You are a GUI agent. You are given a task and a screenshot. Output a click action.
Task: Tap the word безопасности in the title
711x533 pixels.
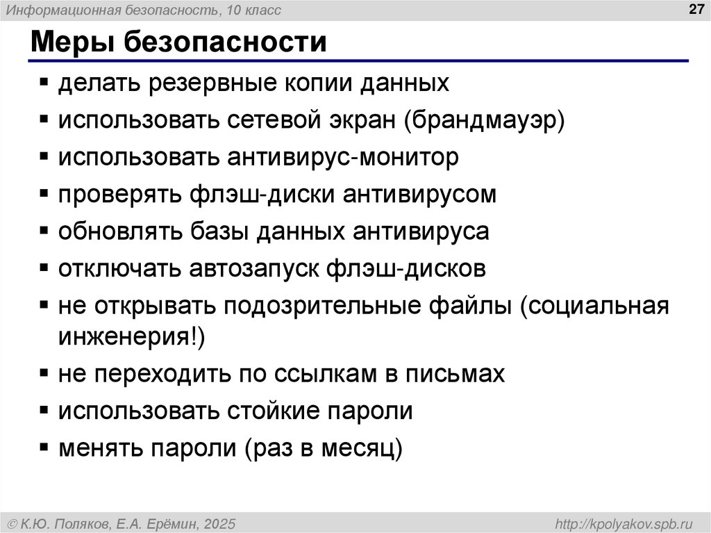(x=226, y=42)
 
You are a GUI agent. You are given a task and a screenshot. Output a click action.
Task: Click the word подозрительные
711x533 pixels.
(x=362, y=306)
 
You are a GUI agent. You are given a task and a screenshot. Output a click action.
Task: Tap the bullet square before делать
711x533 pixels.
(x=44, y=85)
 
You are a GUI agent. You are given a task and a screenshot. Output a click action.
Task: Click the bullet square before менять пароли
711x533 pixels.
(x=44, y=448)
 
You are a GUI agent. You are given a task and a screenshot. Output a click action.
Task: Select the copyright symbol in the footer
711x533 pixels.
(x=12, y=523)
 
